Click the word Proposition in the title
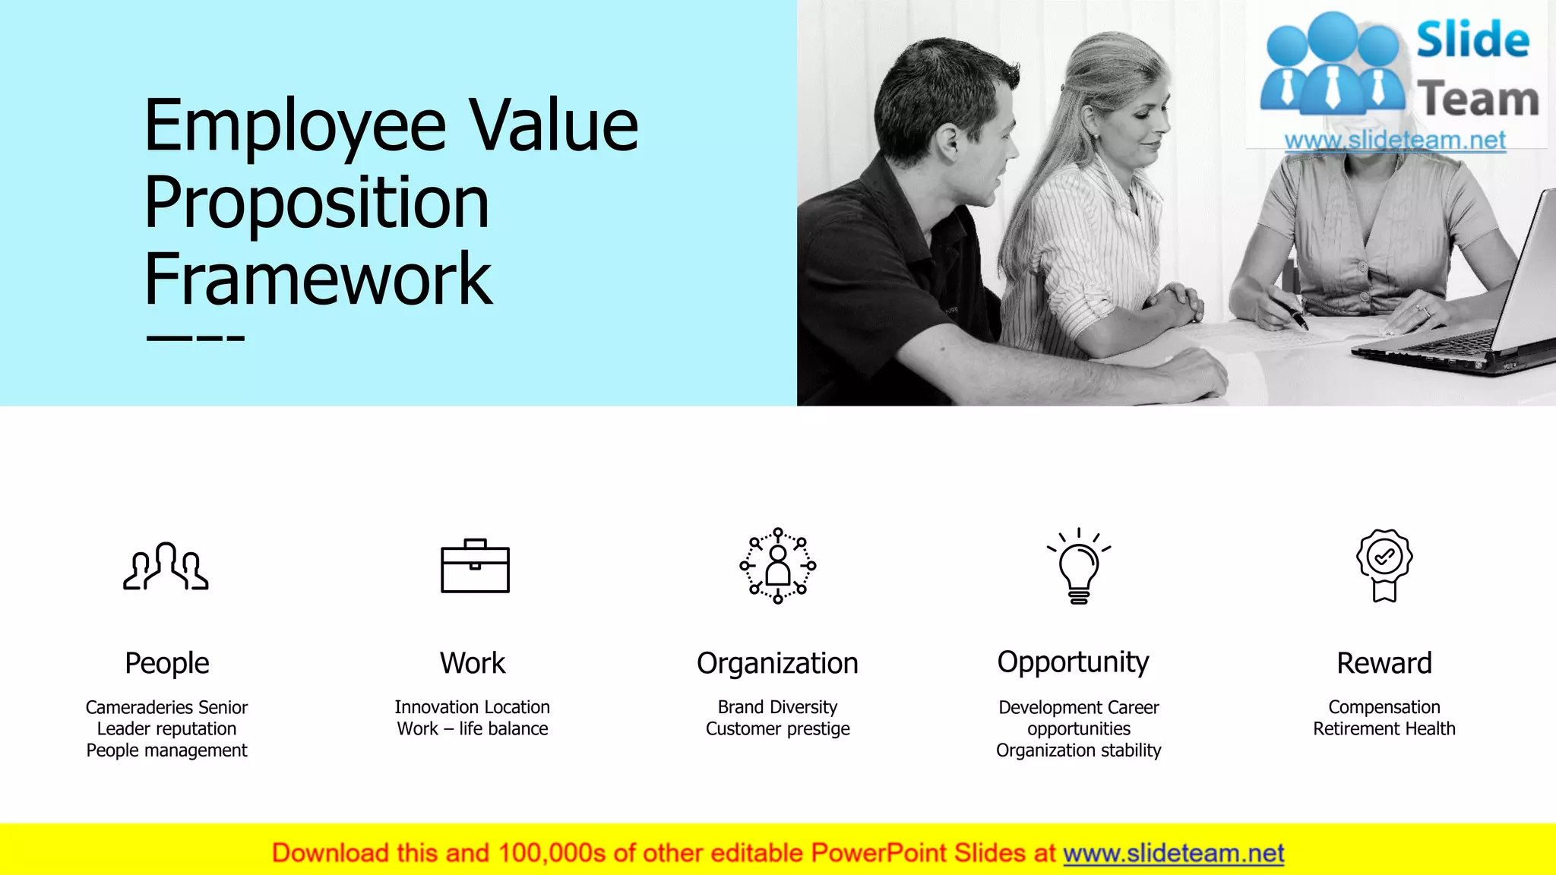317,203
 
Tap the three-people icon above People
166,567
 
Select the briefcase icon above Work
475,566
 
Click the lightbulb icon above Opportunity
1079,567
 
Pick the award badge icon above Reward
1384,565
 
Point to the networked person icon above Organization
777,566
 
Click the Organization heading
777,663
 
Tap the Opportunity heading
1073,662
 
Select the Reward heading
1384,663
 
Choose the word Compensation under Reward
1384,707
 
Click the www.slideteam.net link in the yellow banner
1173,853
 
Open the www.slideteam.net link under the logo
1395,141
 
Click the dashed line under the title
195,339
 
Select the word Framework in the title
318,280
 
